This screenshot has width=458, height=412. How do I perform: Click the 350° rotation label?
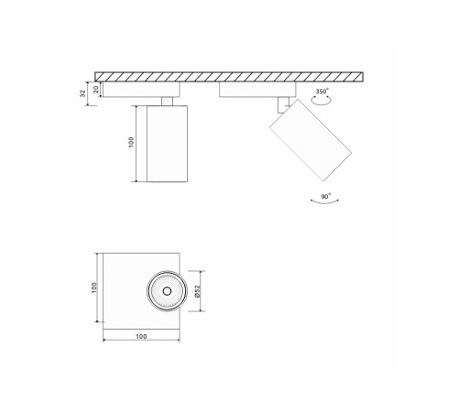pyautogui.click(x=321, y=92)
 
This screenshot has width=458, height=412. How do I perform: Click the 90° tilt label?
pyautogui.click(x=327, y=197)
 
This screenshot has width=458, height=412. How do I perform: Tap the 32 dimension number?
pyautogui.click(x=84, y=92)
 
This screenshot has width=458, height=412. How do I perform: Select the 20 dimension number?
pyautogui.click(x=95, y=88)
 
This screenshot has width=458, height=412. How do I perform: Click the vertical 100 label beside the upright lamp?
pyautogui.click(x=131, y=143)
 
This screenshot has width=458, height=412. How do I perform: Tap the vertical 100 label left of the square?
pyautogui.click(x=94, y=287)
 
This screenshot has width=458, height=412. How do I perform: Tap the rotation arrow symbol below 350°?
pyautogui.click(x=322, y=104)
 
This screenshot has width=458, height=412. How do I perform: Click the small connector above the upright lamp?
pyautogui.click(x=167, y=100)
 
